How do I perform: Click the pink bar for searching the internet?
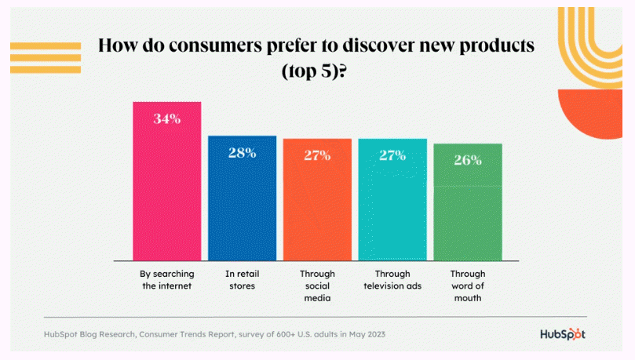click(166, 188)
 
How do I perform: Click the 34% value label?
click(167, 119)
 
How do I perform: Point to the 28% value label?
click(242, 153)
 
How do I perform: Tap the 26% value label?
click(468, 160)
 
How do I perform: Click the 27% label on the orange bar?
click(317, 155)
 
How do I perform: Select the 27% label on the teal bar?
click(392, 155)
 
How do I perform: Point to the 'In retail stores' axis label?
click(242, 280)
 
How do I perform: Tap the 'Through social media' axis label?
click(317, 285)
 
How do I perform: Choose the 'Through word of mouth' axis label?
click(468, 285)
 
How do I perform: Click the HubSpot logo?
click(563, 334)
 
